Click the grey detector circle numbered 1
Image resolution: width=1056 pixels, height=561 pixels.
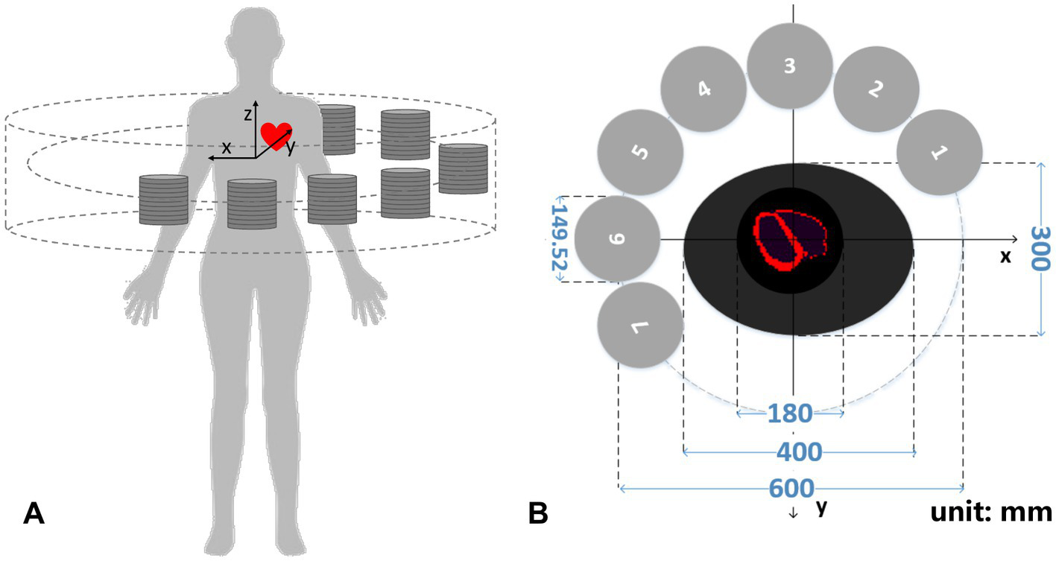939,153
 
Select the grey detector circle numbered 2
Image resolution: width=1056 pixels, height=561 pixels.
876,89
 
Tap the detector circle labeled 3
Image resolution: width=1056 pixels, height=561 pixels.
790,66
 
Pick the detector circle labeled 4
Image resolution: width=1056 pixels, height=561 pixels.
704,89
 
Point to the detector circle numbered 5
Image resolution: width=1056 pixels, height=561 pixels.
640,153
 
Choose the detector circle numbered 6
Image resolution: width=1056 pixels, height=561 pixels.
617,239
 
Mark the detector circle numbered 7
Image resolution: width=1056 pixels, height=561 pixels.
640,325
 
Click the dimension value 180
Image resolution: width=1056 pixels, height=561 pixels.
790,413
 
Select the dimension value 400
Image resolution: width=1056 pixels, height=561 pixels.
799,451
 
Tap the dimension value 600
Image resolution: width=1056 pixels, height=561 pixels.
791,488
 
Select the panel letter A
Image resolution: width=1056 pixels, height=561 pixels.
34,513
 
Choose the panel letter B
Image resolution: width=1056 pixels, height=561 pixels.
539,513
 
